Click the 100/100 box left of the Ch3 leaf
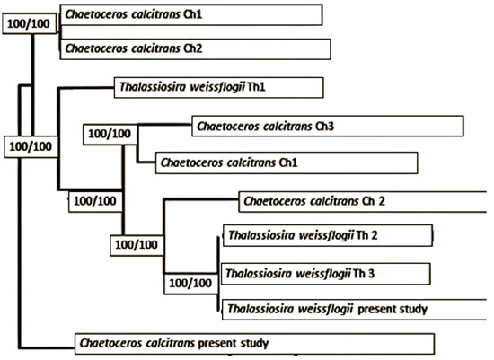coord(110,135)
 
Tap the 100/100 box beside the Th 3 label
coord(191,284)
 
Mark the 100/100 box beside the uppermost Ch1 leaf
coord(30,23)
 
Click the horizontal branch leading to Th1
coord(85,89)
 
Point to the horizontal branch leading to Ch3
coord(164,125)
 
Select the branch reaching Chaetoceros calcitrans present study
coord(47,347)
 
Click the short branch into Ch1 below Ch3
coord(146,162)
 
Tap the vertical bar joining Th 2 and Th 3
coord(218,274)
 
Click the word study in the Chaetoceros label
coord(254,343)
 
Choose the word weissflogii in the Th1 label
coord(217,87)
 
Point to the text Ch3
coord(324,127)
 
